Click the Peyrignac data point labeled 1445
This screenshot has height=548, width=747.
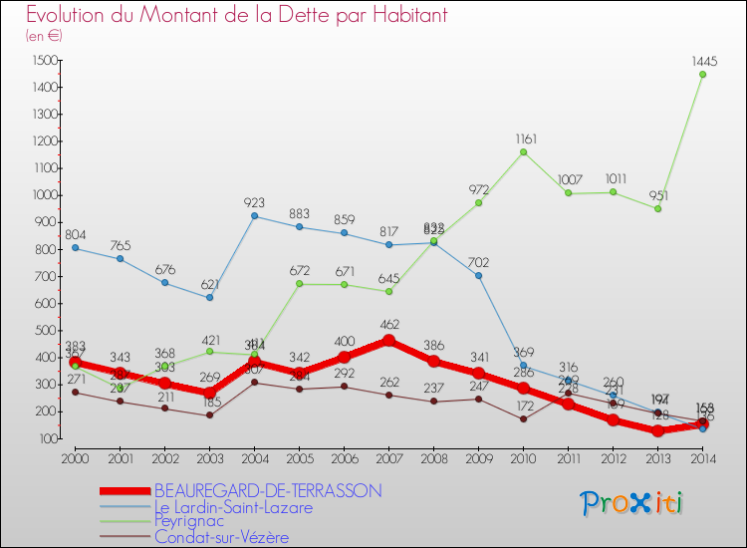tap(702, 74)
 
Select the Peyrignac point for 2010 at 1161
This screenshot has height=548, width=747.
tap(523, 151)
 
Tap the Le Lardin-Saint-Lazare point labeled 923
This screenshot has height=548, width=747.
tap(254, 215)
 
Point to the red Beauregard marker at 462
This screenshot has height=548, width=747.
tap(388, 341)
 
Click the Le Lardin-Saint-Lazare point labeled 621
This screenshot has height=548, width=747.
tap(209, 297)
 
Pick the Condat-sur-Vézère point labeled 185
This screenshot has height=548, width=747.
tap(209, 414)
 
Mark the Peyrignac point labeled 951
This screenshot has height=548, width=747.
tap(657, 208)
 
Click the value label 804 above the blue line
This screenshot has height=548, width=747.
tap(75, 235)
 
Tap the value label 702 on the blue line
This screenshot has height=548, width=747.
tap(479, 263)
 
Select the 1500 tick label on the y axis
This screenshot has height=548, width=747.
tap(45, 61)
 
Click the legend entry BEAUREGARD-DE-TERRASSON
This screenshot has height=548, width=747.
tap(267, 490)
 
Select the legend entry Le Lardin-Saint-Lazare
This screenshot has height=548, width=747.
tap(232, 506)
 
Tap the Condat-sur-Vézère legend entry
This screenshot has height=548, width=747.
tap(221, 537)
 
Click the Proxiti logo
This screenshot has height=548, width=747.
tap(631, 503)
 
